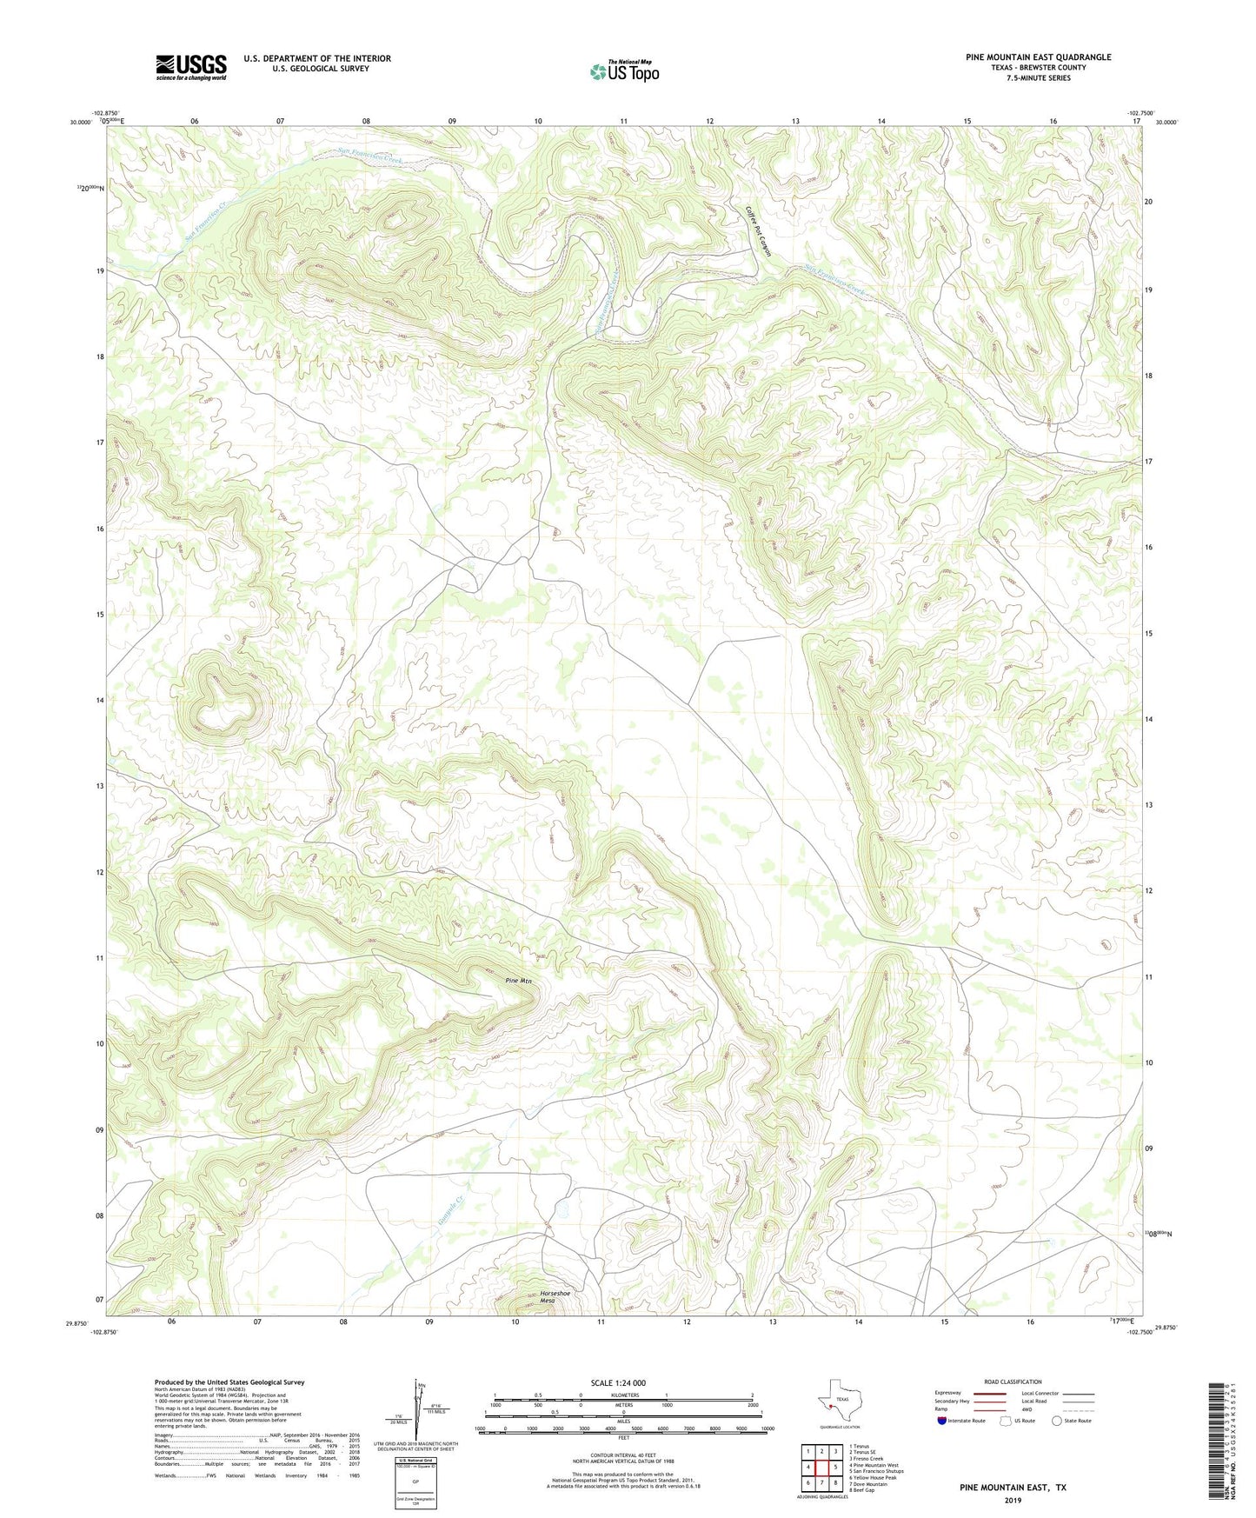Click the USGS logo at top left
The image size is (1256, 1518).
[x=191, y=67]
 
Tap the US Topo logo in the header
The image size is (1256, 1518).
[x=624, y=71]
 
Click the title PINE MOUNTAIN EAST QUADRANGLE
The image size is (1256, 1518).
[x=1038, y=57]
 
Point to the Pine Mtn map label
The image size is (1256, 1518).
[x=519, y=981]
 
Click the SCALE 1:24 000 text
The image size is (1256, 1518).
[x=618, y=1382]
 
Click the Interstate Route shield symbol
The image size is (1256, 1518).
[x=942, y=1421]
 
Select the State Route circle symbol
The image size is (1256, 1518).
[x=1057, y=1421]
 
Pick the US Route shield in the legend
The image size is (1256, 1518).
[x=1007, y=1421]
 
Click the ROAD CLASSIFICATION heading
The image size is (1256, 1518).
[x=1013, y=1382]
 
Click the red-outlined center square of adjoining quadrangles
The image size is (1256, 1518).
[x=821, y=1468]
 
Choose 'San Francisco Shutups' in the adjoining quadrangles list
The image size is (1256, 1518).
[x=879, y=1471]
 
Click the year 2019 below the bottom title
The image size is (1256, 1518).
[x=1013, y=1501]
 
